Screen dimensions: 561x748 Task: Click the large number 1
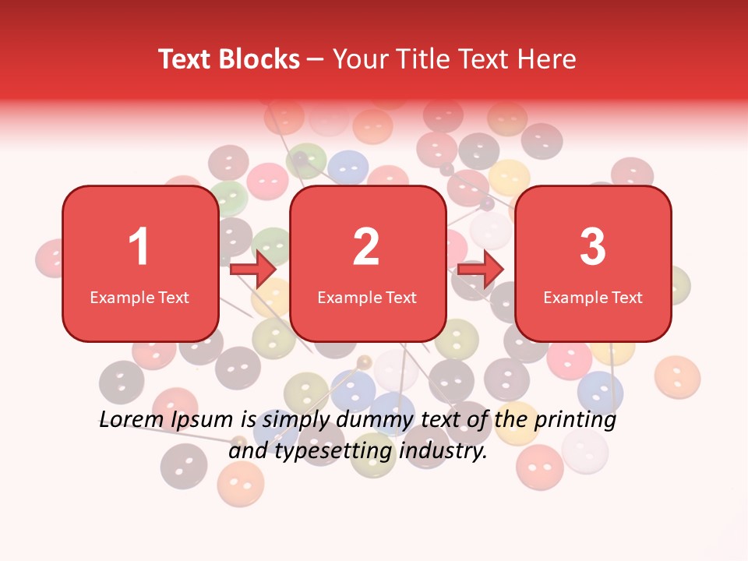[x=139, y=247]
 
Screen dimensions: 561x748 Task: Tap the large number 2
[x=366, y=247]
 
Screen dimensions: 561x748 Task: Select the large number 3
[x=593, y=247]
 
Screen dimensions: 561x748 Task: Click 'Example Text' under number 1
[x=139, y=297]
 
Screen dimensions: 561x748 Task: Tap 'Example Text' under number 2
[x=367, y=297]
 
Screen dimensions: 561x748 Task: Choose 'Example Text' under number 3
[x=593, y=297]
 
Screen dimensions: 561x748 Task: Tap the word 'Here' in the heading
[x=547, y=59]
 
